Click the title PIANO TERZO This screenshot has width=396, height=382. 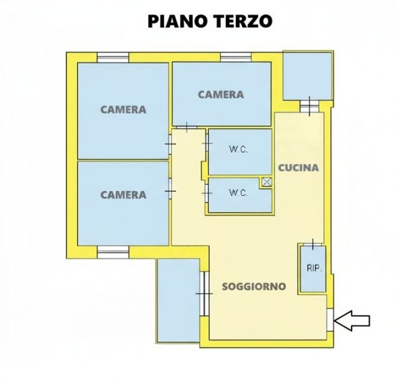tap(210, 22)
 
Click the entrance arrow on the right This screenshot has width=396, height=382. tap(352, 321)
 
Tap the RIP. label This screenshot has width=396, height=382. tap(314, 269)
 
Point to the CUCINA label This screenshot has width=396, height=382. tap(298, 168)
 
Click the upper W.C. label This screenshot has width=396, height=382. tap(237, 150)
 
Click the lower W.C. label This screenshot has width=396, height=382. tap(238, 193)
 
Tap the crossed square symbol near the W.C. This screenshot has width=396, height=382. tap(267, 182)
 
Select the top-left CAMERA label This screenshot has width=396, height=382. tap(123, 110)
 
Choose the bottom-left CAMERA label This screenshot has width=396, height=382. tap(123, 195)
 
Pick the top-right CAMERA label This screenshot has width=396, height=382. tap(221, 95)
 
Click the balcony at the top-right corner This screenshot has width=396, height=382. tap(306, 76)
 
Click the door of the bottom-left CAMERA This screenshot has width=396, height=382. tap(170, 191)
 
